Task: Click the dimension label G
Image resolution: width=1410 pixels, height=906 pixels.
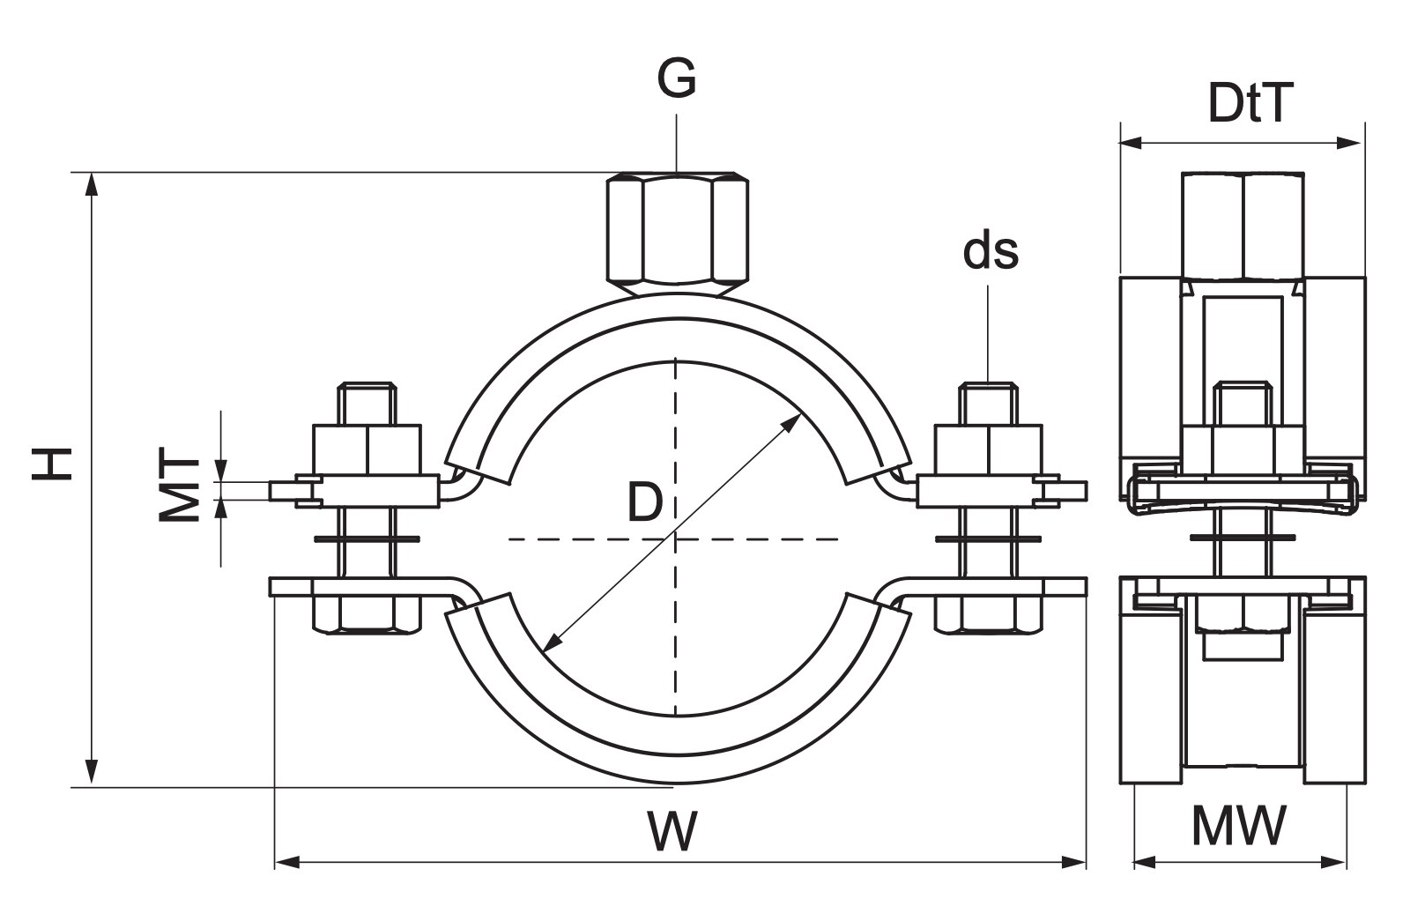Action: [x=677, y=78]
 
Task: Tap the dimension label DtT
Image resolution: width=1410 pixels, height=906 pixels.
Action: [x=1250, y=103]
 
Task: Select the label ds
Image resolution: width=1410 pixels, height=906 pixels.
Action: [x=991, y=251]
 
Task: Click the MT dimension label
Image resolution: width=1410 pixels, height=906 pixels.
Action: [x=179, y=484]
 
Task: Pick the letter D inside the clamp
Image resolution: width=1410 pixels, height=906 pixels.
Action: [x=645, y=502]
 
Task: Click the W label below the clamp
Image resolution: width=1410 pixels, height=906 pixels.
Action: [x=673, y=831]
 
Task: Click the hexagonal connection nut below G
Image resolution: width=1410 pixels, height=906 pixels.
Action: [x=678, y=233]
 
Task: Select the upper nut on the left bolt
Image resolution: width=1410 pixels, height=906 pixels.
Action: [x=367, y=449]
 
